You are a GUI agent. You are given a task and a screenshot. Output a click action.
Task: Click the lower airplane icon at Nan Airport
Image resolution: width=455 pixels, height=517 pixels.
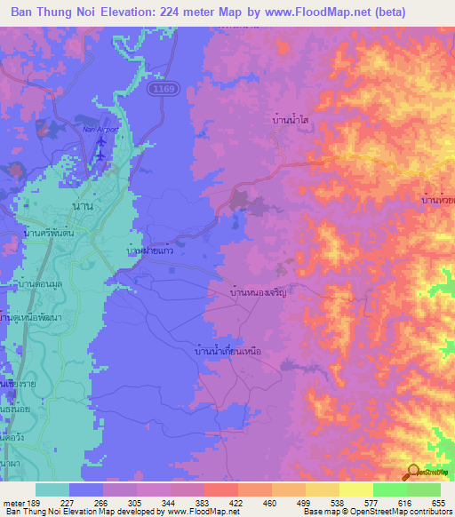100,156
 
